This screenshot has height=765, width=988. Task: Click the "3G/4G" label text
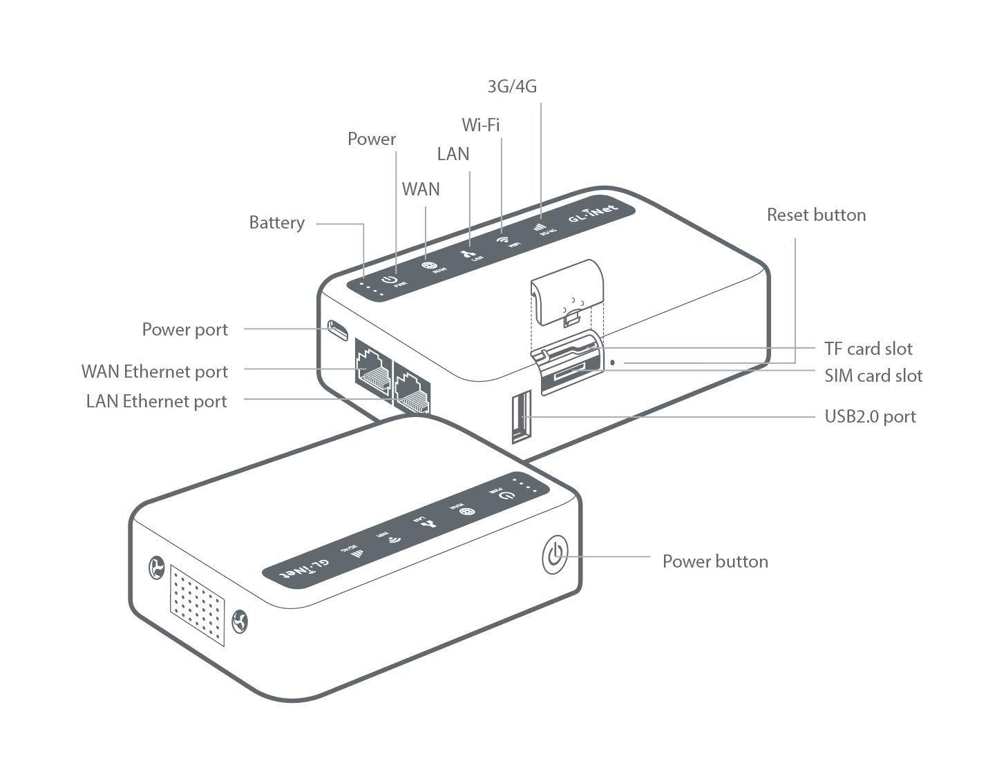[x=512, y=86]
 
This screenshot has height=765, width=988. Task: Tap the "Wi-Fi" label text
[x=480, y=125]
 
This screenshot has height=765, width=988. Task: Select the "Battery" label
[x=276, y=223]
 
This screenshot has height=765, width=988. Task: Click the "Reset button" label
[x=816, y=215]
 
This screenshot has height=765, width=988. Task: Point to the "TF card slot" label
[x=868, y=349]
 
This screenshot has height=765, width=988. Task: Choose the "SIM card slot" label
[x=873, y=376]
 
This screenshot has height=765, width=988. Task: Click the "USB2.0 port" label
[x=870, y=416]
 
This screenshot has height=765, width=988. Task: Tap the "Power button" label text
[x=715, y=561]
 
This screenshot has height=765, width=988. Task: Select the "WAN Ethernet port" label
[x=154, y=371]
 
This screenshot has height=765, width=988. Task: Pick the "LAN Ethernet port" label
[x=156, y=401]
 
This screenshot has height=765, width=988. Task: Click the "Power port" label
[x=184, y=329]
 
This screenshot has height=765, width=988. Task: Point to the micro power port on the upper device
[x=338, y=330]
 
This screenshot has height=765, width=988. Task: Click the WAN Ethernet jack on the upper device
[x=373, y=366]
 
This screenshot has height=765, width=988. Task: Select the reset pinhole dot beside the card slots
[x=613, y=361]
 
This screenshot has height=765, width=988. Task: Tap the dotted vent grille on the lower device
[x=198, y=605]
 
